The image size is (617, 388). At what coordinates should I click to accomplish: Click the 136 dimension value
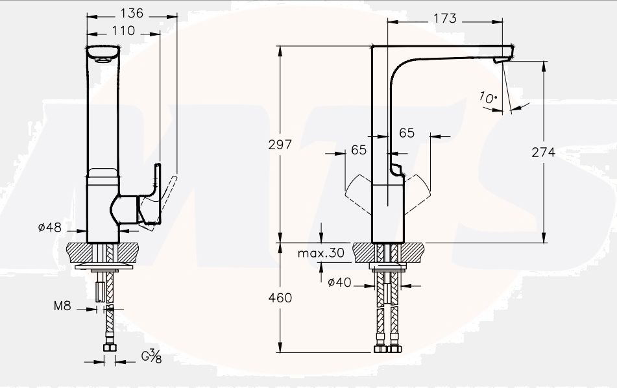pyautogui.click(x=132, y=14)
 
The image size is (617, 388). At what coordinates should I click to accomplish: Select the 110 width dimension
pyautogui.click(x=123, y=30)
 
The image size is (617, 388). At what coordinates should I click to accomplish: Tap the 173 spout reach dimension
pyautogui.click(x=444, y=19)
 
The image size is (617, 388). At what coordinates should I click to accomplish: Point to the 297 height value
pyautogui.click(x=280, y=145)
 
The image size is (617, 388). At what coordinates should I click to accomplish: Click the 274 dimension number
pyautogui.click(x=544, y=152)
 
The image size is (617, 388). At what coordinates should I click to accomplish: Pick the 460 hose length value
pyautogui.click(x=280, y=298)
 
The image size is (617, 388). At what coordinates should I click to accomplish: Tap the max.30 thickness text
pyautogui.click(x=321, y=253)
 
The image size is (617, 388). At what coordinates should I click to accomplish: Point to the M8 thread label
pyautogui.click(x=62, y=306)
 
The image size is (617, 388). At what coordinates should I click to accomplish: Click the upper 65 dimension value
pyautogui.click(x=407, y=133)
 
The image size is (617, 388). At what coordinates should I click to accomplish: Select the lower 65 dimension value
pyautogui.click(x=358, y=150)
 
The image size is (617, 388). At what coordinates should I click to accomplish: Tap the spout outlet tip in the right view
pyautogui.click(x=502, y=60)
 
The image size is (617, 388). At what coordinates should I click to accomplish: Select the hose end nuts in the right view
pyautogui.click(x=387, y=349)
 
